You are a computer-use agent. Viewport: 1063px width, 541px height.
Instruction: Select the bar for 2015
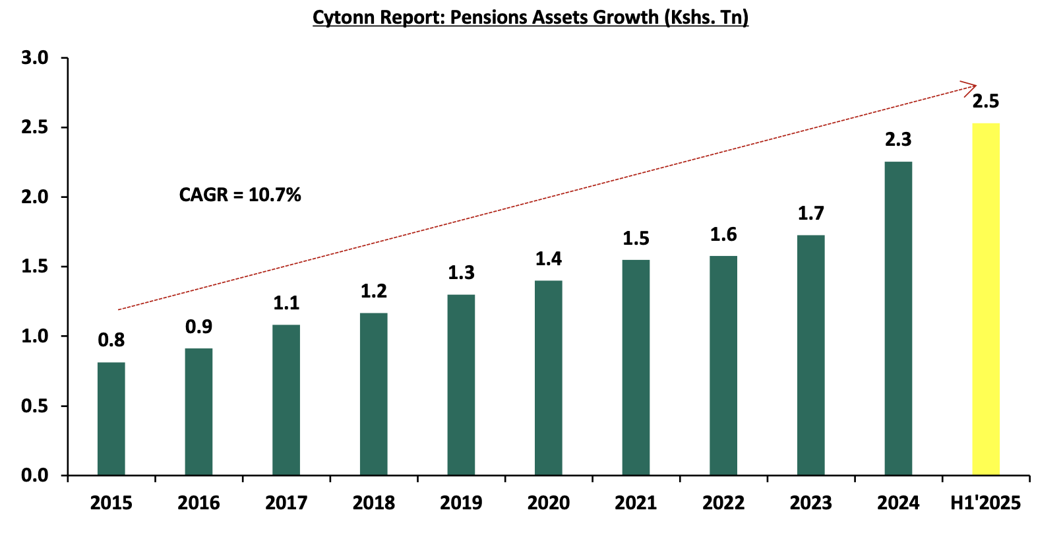[x=111, y=418]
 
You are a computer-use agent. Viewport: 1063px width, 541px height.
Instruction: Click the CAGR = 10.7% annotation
[x=240, y=195]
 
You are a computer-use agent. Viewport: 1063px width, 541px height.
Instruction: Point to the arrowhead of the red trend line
[x=971, y=86]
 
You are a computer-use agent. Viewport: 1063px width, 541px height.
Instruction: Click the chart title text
[x=530, y=17]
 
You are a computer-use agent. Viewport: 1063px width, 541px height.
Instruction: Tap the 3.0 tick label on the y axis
[x=35, y=58]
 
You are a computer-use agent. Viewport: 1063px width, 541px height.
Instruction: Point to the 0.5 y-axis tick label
[x=35, y=406]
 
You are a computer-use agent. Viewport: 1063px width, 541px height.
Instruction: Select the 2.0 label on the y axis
[x=35, y=197]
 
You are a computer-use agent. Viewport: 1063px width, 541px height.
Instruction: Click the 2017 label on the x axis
[x=286, y=503]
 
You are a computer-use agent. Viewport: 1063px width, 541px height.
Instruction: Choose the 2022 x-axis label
[x=723, y=503]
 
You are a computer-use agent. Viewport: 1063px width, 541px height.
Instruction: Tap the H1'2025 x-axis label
[x=985, y=503]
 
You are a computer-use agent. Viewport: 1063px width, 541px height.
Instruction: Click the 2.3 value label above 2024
[x=898, y=140]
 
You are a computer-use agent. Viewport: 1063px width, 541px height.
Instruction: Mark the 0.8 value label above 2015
[x=111, y=340]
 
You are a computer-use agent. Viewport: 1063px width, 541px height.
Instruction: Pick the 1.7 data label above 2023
[x=810, y=214]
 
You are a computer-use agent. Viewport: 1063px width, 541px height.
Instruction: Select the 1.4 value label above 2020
[x=549, y=259]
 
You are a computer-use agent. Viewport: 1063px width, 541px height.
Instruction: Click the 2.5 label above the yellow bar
[x=985, y=102]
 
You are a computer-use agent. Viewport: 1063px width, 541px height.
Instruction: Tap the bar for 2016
[x=198, y=412]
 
